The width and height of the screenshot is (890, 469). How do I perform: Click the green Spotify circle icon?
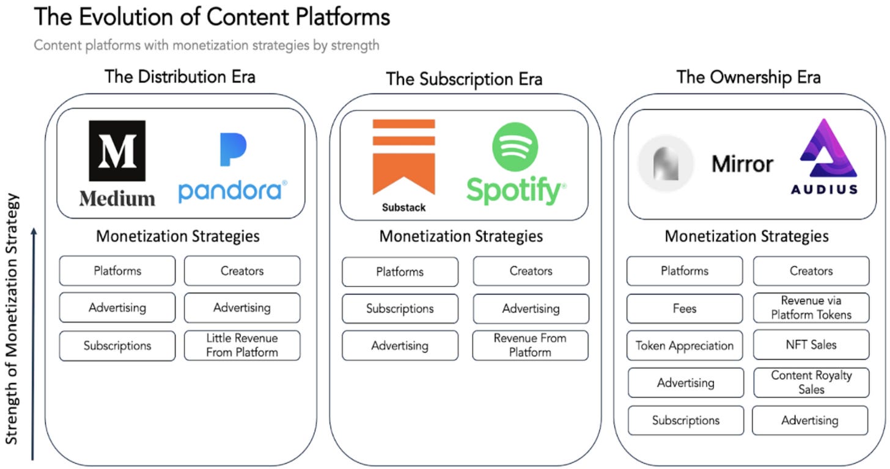coord(515,147)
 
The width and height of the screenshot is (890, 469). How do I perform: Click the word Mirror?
coord(742,164)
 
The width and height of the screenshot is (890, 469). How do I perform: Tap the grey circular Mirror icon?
coord(666,164)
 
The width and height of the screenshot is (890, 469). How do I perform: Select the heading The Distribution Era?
coord(180,77)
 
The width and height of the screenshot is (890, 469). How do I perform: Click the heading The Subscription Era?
coord(464,79)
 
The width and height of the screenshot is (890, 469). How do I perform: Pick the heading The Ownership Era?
coord(748,77)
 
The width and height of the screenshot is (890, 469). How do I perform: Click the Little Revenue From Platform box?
coord(242,345)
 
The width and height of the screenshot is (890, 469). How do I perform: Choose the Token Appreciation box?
coord(685,345)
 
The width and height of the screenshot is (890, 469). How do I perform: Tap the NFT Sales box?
coord(811,345)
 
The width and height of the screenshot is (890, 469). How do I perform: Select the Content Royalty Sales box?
coord(811,382)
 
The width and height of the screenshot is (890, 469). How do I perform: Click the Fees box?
coord(685,308)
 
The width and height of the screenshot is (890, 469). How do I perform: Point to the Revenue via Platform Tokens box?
coord(811,308)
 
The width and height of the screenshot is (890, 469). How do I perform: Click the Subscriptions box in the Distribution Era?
coord(117,345)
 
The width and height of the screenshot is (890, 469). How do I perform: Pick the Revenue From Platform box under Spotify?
coord(530,345)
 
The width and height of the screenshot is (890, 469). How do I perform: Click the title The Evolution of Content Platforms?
coord(211,17)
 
